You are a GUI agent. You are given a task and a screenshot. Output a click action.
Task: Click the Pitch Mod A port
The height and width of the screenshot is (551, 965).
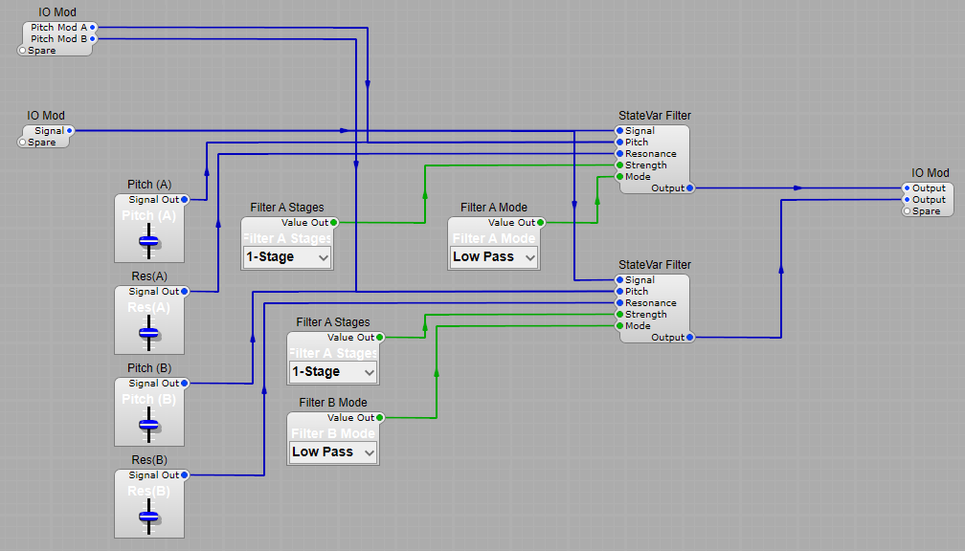point(93,28)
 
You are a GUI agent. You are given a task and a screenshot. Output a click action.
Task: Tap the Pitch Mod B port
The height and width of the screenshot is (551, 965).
point(93,39)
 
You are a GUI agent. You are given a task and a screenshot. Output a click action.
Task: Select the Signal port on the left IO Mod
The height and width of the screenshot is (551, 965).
point(70,131)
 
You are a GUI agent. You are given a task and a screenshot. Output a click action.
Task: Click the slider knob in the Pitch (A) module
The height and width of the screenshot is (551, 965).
point(148,241)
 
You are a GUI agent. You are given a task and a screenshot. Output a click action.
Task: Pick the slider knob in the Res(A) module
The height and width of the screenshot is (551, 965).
point(148,333)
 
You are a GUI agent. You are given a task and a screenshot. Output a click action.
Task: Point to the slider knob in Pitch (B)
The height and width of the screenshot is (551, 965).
point(148,425)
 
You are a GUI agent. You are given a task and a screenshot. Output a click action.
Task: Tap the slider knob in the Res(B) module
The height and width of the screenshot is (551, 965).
point(148,517)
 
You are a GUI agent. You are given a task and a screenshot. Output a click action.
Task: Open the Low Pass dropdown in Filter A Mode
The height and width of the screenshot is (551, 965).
point(494,257)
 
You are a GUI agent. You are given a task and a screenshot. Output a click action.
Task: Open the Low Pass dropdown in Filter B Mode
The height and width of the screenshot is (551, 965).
point(333,452)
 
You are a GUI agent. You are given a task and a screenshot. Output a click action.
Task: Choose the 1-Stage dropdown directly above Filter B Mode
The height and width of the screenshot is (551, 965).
point(333,372)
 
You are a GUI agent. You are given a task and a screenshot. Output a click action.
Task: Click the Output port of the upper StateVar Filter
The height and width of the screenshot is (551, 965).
point(690,188)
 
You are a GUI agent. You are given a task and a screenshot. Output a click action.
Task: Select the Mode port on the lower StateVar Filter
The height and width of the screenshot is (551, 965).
point(619,326)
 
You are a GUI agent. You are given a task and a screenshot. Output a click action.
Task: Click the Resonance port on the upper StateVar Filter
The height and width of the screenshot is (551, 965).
point(619,154)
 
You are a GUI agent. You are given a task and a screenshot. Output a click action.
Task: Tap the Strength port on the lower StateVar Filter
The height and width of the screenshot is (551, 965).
point(619,315)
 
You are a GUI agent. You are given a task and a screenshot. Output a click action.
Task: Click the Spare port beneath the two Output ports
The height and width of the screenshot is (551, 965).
point(907,211)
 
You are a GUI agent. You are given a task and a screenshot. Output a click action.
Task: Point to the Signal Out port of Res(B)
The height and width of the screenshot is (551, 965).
point(185,475)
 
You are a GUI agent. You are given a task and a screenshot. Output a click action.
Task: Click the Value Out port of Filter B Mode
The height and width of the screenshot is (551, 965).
point(380,418)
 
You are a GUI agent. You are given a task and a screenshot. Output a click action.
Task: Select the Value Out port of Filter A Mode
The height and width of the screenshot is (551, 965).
point(541,223)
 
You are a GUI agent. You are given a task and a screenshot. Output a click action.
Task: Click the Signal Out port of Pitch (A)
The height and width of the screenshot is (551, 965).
point(185,200)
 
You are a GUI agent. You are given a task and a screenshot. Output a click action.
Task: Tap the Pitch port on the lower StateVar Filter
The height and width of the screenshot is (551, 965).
point(619,292)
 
